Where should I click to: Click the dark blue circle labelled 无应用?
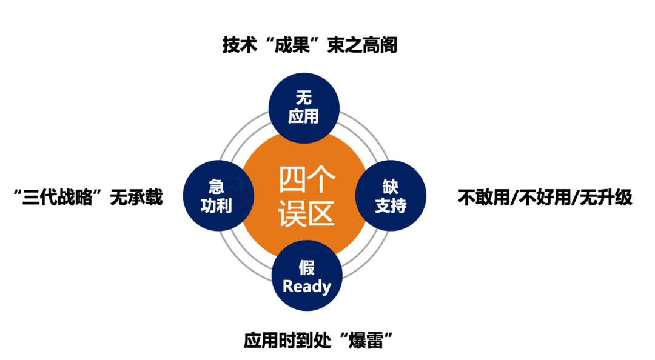pyautogui.click(x=304, y=108)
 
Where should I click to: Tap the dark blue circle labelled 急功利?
pyautogui.click(x=218, y=195)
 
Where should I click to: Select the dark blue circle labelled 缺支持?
pyautogui.click(x=391, y=195)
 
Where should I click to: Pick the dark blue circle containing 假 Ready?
pyautogui.click(x=307, y=275)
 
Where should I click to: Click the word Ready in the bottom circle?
pyautogui.click(x=307, y=287)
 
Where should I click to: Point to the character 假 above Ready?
pyautogui.click(x=307, y=267)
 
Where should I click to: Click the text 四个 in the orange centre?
pyautogui.click(x=307, y=179)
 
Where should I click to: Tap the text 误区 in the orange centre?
pyautogui.click(x=307, y=213)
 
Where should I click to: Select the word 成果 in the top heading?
pyautogui.click(x=292, y=45)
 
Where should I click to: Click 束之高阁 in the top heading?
pyautogui.click(x=362, y=45)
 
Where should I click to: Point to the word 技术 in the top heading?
pyautogui.click(x=240, y=45)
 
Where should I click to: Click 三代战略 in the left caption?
pyautogui.click(x=57, y=198)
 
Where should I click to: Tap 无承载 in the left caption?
pyautogui.click(x=136, y=198)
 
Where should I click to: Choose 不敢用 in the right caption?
pyautogui.click(x=484, y=198)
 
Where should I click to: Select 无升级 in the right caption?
pyautogui.click(x=606, y=198)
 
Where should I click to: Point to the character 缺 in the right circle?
pyautogui.click(x=391, y=187)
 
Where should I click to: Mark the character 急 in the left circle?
pyautogui.click(x=217, y=187)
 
